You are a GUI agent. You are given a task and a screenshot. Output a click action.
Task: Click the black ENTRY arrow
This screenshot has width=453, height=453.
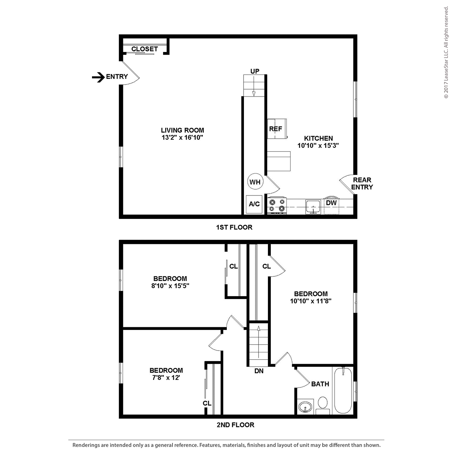click(x=98, y=77)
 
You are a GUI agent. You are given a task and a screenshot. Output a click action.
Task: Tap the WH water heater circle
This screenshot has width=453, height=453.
click(x=255, y=182)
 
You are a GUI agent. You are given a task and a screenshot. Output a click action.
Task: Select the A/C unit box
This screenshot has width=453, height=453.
click(x=254, y=204)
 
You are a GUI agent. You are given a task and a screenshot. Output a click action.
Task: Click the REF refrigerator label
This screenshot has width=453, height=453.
click(x=275, y=129)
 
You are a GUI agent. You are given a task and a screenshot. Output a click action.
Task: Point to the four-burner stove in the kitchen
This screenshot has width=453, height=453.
click(x=277, y=206)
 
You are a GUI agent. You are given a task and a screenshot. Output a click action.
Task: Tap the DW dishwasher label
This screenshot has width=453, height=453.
click(x=331, y=203)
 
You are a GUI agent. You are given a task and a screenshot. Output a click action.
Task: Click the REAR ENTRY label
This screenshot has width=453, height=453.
click(x=362, y=184)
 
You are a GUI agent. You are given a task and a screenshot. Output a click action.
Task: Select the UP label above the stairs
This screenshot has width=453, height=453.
click(x=255, y=71)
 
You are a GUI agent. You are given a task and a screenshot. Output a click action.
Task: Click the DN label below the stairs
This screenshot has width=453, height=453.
click(x=259, y=371)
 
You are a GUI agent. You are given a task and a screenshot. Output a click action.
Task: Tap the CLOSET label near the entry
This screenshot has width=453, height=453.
click(x=145, y=49)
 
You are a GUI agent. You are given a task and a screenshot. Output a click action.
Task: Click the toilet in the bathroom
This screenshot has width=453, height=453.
click(x=323, y=405)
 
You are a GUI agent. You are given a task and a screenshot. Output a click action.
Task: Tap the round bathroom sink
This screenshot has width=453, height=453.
click(x=306, y=407)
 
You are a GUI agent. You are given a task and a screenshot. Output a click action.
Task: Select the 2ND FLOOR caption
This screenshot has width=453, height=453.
click(x=236, y=425)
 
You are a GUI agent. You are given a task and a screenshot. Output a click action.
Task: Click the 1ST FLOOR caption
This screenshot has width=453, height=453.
click(x=234, y=227)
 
